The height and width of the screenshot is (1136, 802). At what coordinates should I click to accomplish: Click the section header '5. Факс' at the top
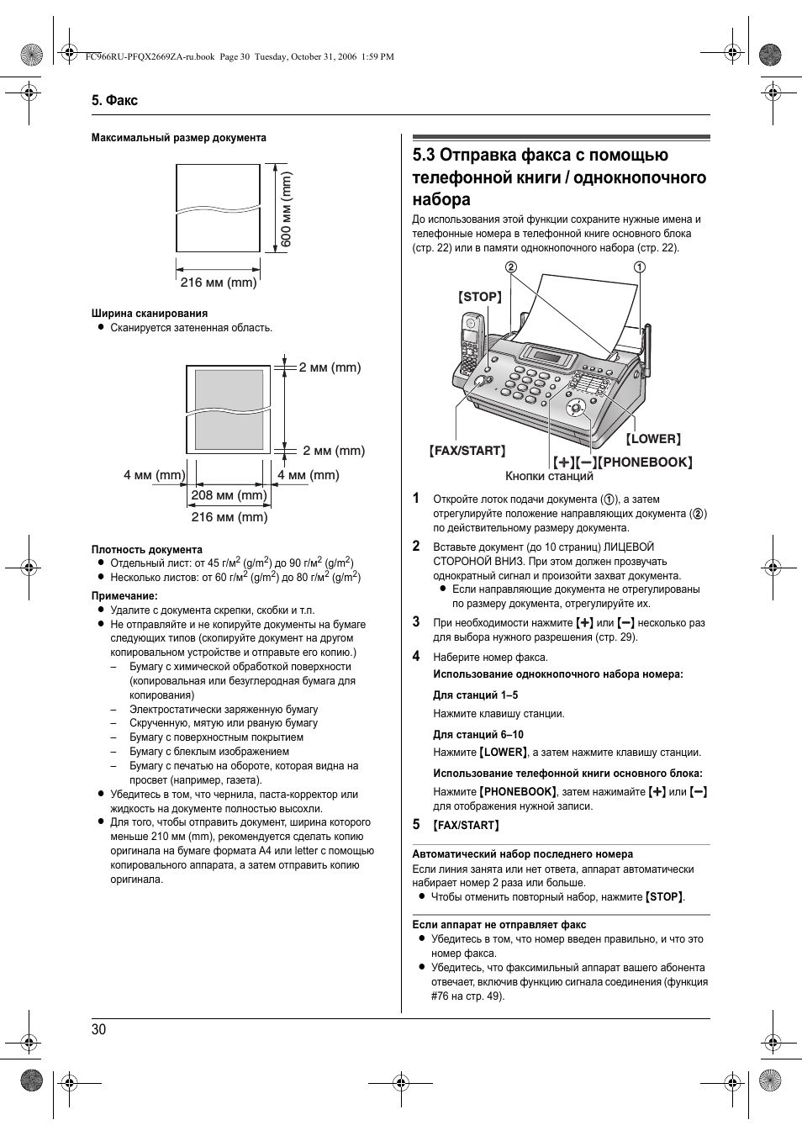(114, 100)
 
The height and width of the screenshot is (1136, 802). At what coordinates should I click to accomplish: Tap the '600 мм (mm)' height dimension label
(286, 209)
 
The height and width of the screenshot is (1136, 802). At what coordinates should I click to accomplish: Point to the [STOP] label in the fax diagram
(480, 297)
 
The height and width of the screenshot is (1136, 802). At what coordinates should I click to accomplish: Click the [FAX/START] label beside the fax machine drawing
(468, 451)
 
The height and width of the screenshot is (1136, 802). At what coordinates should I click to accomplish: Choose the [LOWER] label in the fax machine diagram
(653, 438)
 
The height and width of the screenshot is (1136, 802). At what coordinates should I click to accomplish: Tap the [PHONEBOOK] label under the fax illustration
(646, 462)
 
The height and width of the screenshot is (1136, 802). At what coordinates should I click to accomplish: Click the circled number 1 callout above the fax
(640, 267)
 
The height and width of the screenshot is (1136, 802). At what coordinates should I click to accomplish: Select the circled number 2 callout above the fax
(510, 267)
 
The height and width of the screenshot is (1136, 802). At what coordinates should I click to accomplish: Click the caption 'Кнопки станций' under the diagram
(549, 476)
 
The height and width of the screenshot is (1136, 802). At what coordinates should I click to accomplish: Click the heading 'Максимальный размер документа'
(179, 138)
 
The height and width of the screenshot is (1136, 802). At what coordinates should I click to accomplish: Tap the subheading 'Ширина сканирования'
(150, 314)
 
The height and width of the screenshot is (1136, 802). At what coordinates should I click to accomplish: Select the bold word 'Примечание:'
(124, 596)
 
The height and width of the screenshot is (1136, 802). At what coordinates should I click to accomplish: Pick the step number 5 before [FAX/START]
(416, 824)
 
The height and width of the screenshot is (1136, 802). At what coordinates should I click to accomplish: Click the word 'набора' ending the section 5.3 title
(441, 199)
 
